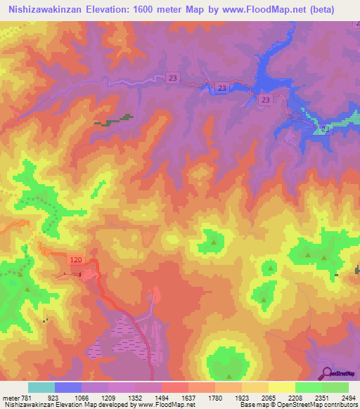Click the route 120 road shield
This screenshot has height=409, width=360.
click(x=77, y=260)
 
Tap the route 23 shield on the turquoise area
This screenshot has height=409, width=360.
click(x=326, y=130)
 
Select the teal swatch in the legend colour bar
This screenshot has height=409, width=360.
click(x=41, y=387)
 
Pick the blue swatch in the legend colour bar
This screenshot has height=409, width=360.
click(x=68, y=387)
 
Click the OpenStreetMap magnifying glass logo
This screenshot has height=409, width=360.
click(x=327, y=372)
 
